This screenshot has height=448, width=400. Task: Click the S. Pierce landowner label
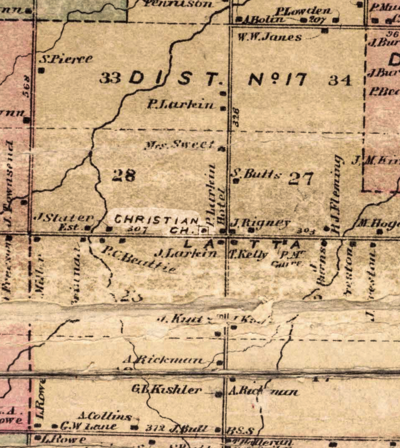pos(66,59)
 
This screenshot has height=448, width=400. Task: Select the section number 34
pos(340,80)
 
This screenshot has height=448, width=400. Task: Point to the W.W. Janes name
pos(270,37)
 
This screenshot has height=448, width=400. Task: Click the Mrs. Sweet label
pos(179,145)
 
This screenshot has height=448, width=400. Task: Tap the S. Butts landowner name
pos(257,174)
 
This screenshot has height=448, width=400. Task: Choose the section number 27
pos(301,178)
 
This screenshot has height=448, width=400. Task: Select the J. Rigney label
pos(261,222)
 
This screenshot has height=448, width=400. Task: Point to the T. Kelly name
pos(248,254)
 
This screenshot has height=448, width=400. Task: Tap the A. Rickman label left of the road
pos(165,360)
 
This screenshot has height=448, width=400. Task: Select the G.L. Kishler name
pos(167,390)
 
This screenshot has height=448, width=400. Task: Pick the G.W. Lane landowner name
pos(88,427)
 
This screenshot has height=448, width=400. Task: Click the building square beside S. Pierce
pos(41,70)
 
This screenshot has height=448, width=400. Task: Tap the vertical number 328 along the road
pos(236,117)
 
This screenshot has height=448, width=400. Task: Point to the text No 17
pos(278,80)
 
